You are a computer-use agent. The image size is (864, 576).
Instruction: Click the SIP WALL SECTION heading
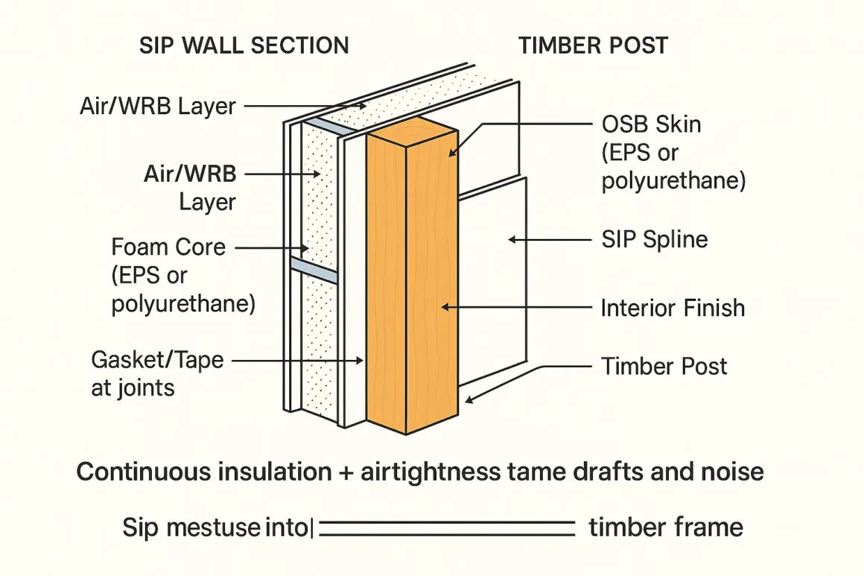(244, 45)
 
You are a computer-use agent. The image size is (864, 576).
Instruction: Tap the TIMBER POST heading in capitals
(593, 45)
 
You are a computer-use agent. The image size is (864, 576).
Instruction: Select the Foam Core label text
(168, 246)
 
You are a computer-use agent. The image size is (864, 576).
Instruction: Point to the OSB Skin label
(651, 124)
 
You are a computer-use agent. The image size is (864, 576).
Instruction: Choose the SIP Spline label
(654, 240)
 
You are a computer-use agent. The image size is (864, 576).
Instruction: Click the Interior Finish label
(673, 308)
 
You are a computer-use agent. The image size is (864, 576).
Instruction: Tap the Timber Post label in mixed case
(664, 366)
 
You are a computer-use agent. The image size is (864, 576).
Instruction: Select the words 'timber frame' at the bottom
(665, 528)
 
